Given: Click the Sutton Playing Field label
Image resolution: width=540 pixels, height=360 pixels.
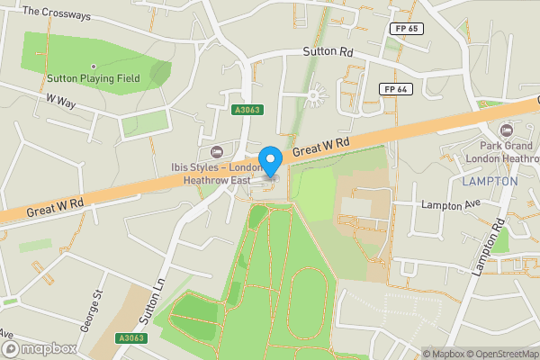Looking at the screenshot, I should coord(94,79).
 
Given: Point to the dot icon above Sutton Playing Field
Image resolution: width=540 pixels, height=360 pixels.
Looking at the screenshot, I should coord(94,66).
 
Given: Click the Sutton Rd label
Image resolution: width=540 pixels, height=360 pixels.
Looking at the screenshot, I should coord(327,52).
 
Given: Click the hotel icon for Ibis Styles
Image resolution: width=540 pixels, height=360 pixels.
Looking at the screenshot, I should coord(215,150).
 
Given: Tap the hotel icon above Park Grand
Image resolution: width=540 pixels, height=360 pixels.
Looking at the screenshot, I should coord(505,131).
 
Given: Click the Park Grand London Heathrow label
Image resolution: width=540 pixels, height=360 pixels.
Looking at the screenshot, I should coord(508,152).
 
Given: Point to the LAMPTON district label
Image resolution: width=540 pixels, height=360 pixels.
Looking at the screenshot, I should coord(489,181).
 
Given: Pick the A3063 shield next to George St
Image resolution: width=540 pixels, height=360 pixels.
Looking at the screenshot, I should coord(130,338).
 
